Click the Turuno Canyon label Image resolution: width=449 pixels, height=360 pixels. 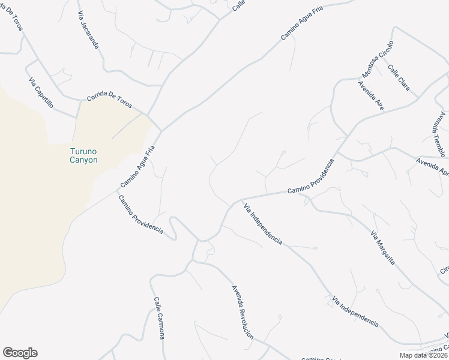pyautogui.click(x=81, y=156)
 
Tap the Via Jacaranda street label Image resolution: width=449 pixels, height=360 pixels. pyautogui.click(x=88, y=29)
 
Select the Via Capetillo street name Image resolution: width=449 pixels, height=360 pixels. pyautogui.click(x=41, y=93)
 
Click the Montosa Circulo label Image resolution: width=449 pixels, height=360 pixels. pyautogui.click(x=377, y=59)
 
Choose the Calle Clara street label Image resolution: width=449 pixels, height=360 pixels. pyautogui.click(x=399, y=78)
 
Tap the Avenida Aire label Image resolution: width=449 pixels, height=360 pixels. pyautogui.click(x=370, y=95)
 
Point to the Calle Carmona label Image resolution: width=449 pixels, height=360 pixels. pyautogui.click(x=158, y=319)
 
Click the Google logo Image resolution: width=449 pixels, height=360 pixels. pyautogui.click(x=20, y=353)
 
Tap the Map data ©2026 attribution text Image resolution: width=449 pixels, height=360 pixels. pyautogui.click(x=424, y=355)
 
